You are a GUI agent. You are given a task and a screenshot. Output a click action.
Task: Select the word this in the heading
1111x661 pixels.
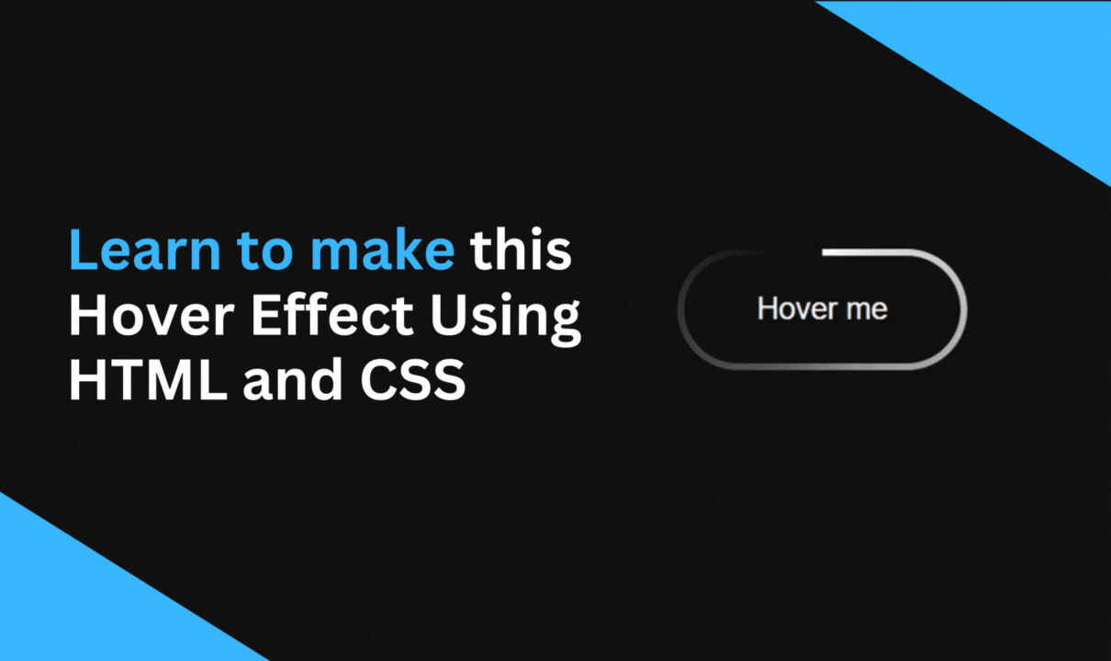(521, 250)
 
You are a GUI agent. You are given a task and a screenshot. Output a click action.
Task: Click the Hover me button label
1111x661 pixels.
(822, 308)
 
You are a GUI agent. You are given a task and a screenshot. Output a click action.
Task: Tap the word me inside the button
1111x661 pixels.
(866, 309)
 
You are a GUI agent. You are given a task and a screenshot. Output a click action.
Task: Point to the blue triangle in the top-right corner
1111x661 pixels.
(1028, 55)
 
